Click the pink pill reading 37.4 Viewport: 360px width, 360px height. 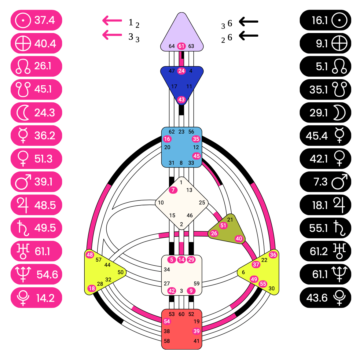tap(36, 20)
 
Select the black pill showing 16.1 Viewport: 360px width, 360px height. tap(325, 20)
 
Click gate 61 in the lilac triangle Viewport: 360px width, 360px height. tap(182, 46)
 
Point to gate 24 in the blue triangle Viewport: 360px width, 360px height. tap(182, 71)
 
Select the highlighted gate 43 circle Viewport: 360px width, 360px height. tap(182, 100)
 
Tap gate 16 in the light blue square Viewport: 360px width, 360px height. tap(167, 139)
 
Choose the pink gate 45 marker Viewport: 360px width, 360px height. tap(196, 156)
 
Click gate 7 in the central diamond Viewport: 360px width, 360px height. tap(173, 190)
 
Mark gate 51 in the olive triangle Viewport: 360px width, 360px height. tap(223, 226)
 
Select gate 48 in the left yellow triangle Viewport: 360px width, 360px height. tap(90, 255)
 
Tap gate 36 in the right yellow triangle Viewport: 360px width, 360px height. tap(273, 255)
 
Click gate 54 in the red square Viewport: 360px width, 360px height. tap(167, 321)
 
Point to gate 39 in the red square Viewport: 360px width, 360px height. tap(196, 331)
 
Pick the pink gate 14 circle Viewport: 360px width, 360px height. tap(182, 260)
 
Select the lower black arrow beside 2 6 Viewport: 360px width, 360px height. tap(248, 35)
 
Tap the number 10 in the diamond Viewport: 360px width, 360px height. tap(161, 203)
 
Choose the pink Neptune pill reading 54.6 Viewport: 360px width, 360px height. tap(36, 274)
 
